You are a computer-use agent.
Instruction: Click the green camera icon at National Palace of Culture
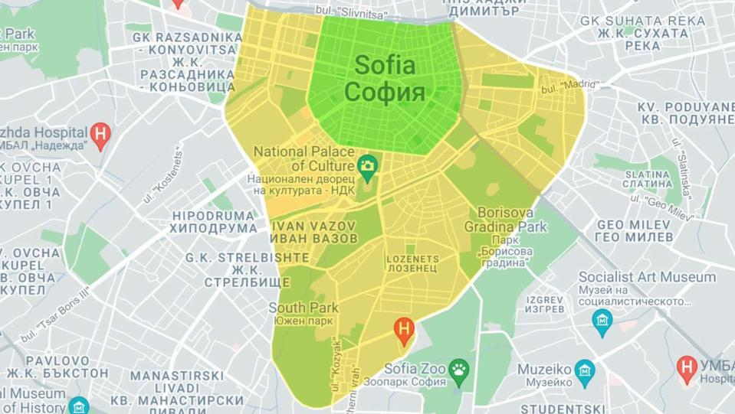coord(368,165)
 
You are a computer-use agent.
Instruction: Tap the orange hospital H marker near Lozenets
coord(405,330)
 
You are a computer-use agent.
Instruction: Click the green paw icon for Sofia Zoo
coord(458,369)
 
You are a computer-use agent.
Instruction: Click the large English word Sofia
coord(385,65)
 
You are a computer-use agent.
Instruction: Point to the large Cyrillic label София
coord(385,93)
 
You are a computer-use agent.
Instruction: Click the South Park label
coord(304,308)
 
